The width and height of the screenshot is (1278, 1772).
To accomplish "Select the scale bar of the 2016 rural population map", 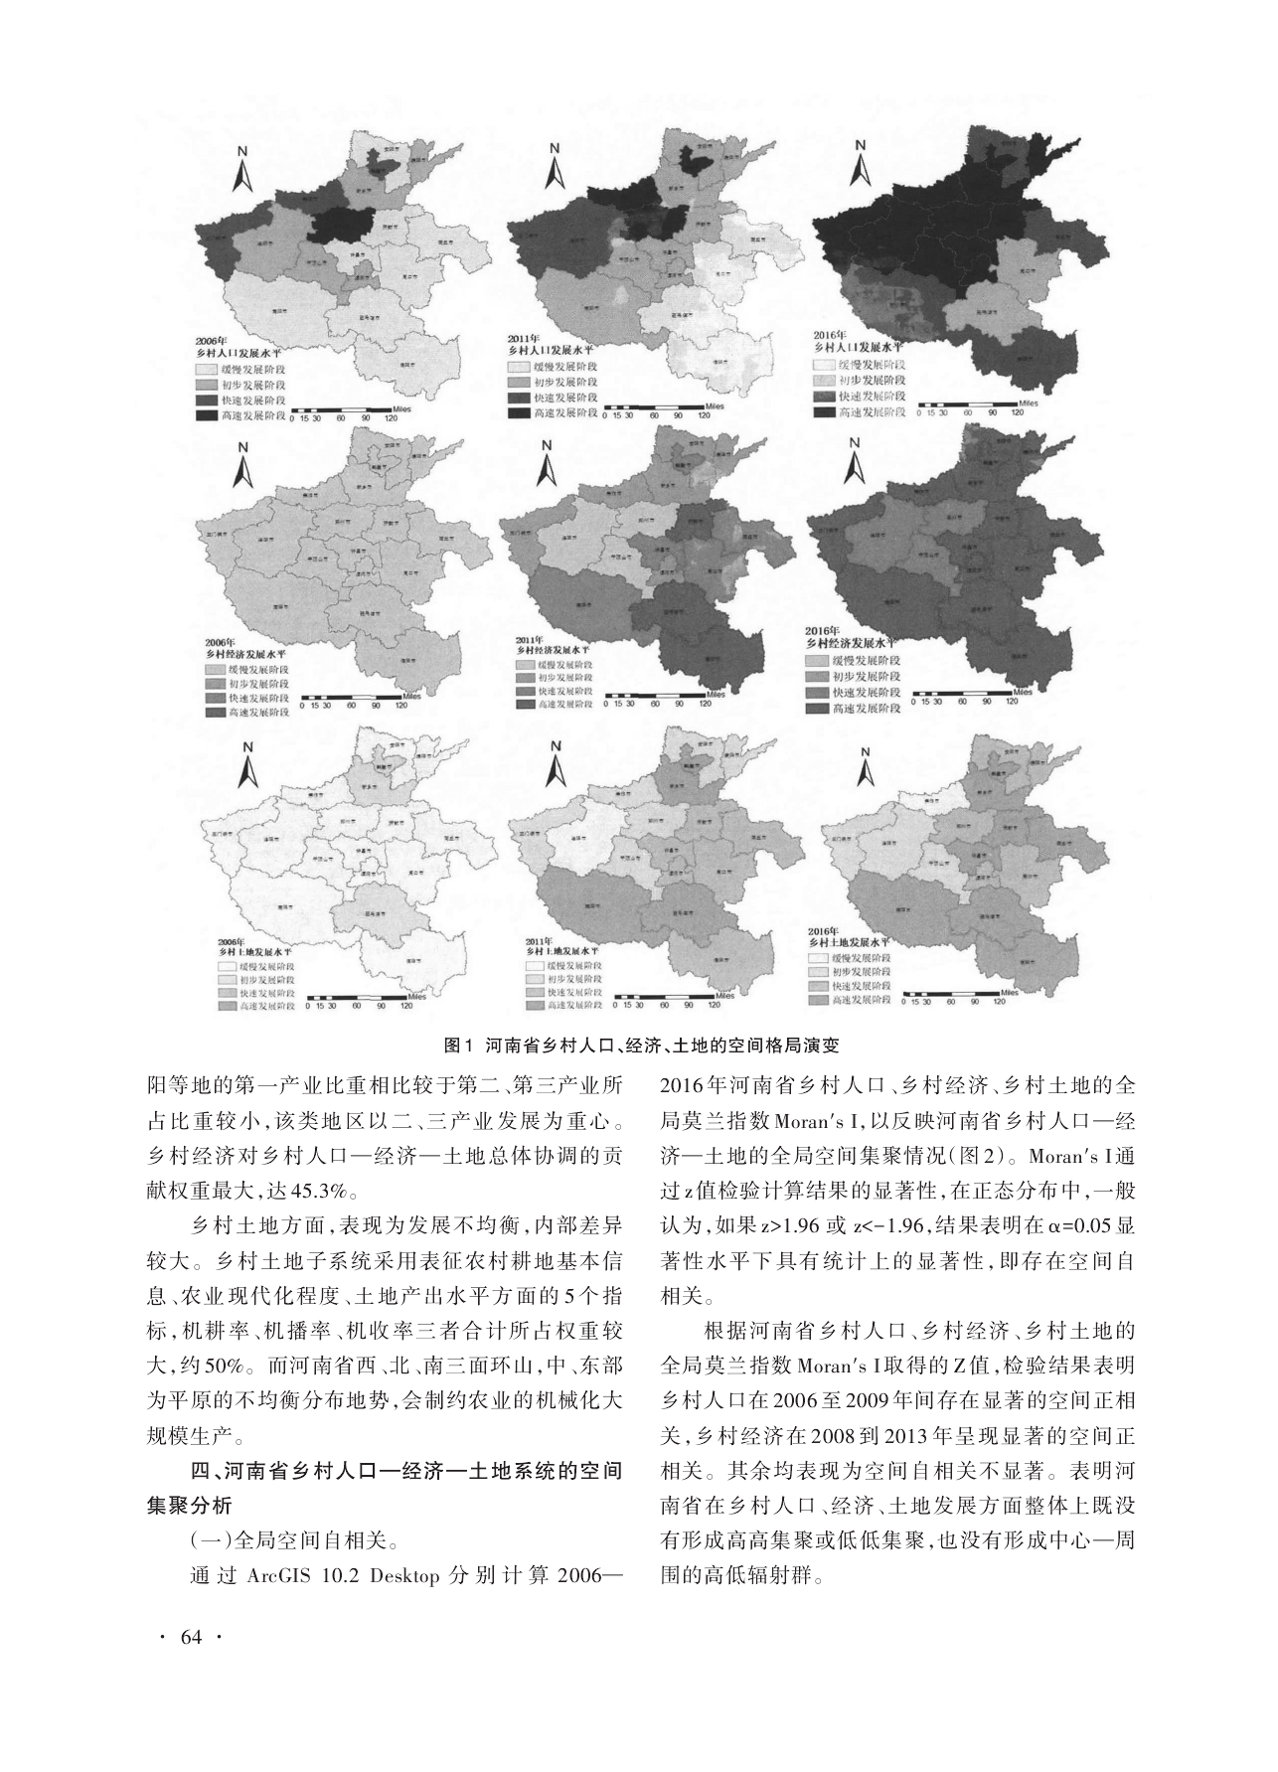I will (x=969, y=405).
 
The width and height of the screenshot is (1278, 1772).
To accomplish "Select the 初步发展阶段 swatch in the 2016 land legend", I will (x=822, y=970).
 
